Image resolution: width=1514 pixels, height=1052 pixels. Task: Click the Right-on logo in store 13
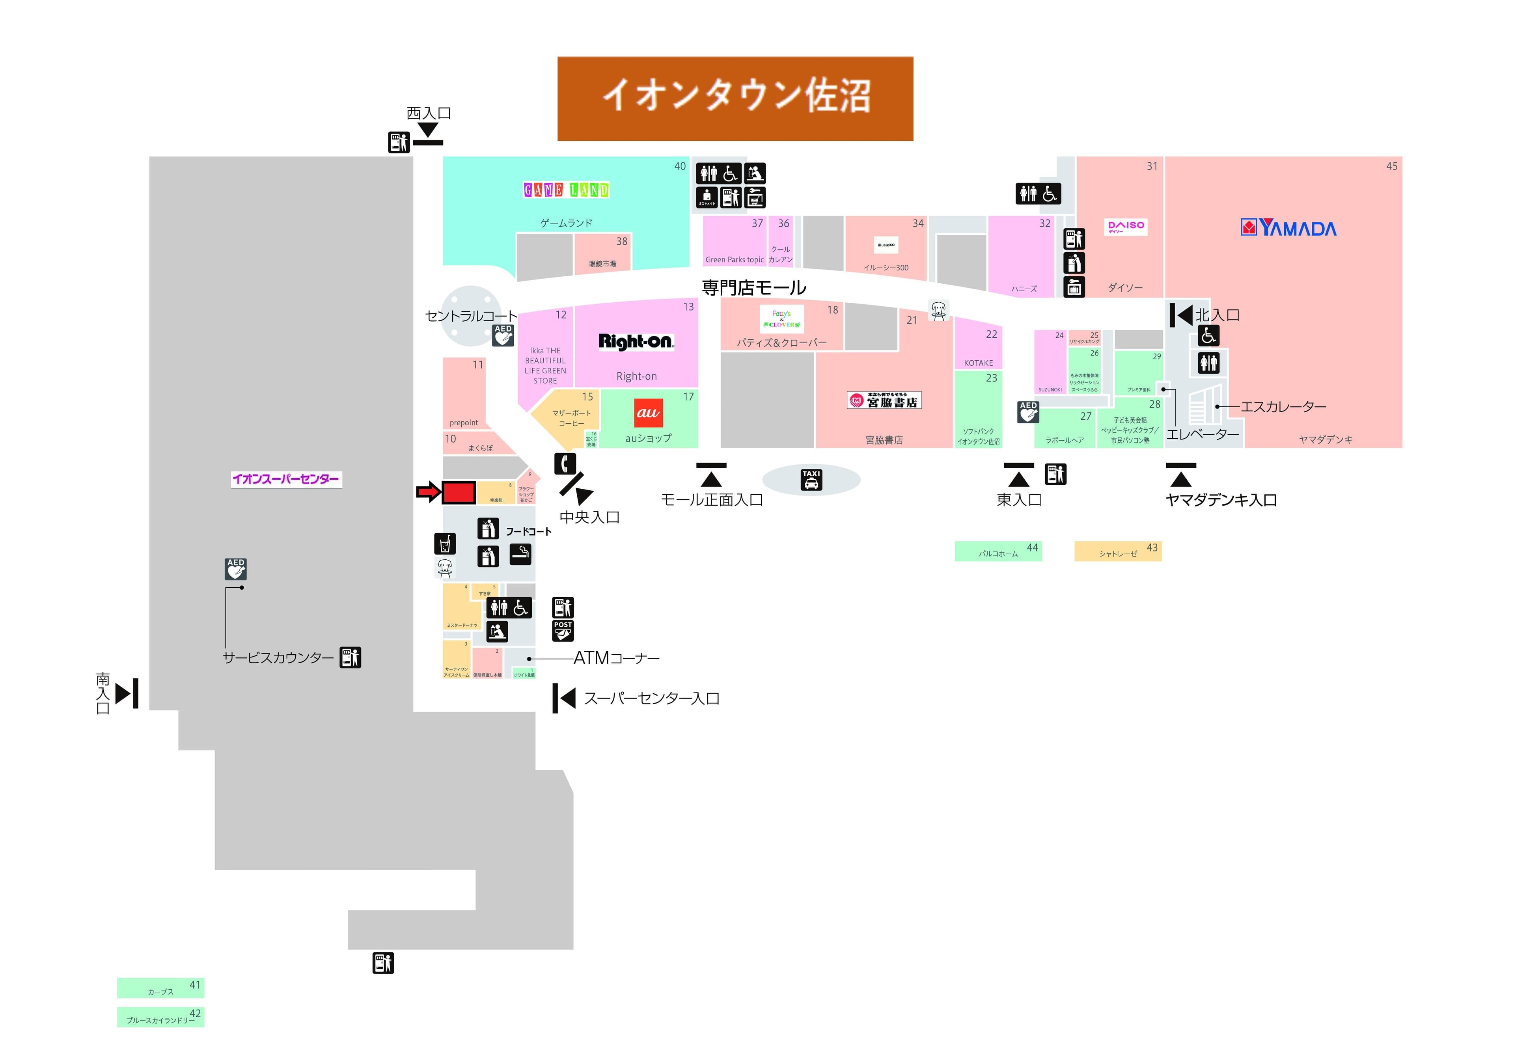click(x=636, y=341)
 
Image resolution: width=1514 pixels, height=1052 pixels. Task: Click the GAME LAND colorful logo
click(x=566, y=190)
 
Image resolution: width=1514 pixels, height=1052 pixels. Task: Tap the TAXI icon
click(x=811, y=479)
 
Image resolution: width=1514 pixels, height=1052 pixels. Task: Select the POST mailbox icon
click(x=563, y=630)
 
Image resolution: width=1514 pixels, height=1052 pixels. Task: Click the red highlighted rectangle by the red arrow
click(x=458, y=492)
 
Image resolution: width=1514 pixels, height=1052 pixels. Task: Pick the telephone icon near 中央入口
click(x=565, y=464)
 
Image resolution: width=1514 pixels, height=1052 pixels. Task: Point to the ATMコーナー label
click(x=616, y=658)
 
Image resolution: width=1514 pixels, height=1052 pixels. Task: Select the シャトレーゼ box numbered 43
click(x=1118, y=551)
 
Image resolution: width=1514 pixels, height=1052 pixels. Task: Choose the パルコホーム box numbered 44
click(x=998, y=551)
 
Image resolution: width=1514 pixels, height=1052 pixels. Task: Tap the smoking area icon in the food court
click(x=520, y=554)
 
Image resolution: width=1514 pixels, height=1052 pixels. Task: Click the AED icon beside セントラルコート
click(x=503, y=335)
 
